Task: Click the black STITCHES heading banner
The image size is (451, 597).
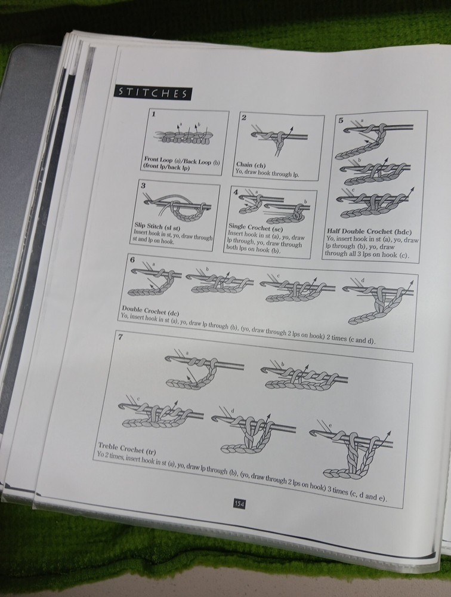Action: (x=153, y=93)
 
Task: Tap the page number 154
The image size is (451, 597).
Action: (x=239, y=504)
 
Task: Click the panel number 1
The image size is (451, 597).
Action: (x=154, y=113)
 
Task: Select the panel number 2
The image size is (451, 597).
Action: (x=243, y=117)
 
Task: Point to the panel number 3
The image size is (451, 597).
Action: (x=143, y=186)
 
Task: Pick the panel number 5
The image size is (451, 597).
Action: (x=341, y=121)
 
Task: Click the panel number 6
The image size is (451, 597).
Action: (x=132, y=260)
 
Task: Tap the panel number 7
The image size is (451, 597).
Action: (x=121, y=337)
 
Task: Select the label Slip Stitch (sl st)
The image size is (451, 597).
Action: (x=157, y=227)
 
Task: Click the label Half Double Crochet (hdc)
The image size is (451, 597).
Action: (x=369, y=232)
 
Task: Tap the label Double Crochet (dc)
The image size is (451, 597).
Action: (x=150, y=310)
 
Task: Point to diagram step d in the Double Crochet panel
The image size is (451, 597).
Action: (x=378, y=301)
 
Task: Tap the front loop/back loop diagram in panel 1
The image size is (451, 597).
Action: (x=184, y=134)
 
